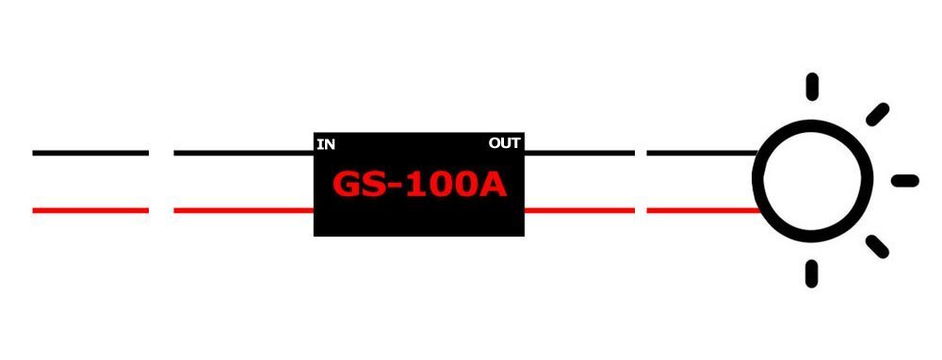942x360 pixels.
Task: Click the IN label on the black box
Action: coord(326,144)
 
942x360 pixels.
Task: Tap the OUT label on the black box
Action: coord(505,144)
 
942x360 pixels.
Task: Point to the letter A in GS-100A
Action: coord(493,185)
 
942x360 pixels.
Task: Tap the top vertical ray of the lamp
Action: coord(811,85)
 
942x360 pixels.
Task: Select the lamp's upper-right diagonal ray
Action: coord(878,113)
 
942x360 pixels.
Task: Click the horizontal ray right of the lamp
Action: coord(904,180)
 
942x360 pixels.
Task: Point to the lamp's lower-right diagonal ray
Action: coord(877,247)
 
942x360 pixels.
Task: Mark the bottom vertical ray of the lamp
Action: coord(811,274)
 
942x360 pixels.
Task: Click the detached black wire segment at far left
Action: coord(90,152)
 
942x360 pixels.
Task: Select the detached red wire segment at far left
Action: coord(90,210)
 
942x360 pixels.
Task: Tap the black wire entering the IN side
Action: coord(243,152)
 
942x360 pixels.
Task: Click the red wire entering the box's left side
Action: coord(243,210)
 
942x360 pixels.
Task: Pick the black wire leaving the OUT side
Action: coord(578,152)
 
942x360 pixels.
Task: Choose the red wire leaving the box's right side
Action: coord(578,210)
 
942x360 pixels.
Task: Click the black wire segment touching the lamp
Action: coord(703,152)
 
